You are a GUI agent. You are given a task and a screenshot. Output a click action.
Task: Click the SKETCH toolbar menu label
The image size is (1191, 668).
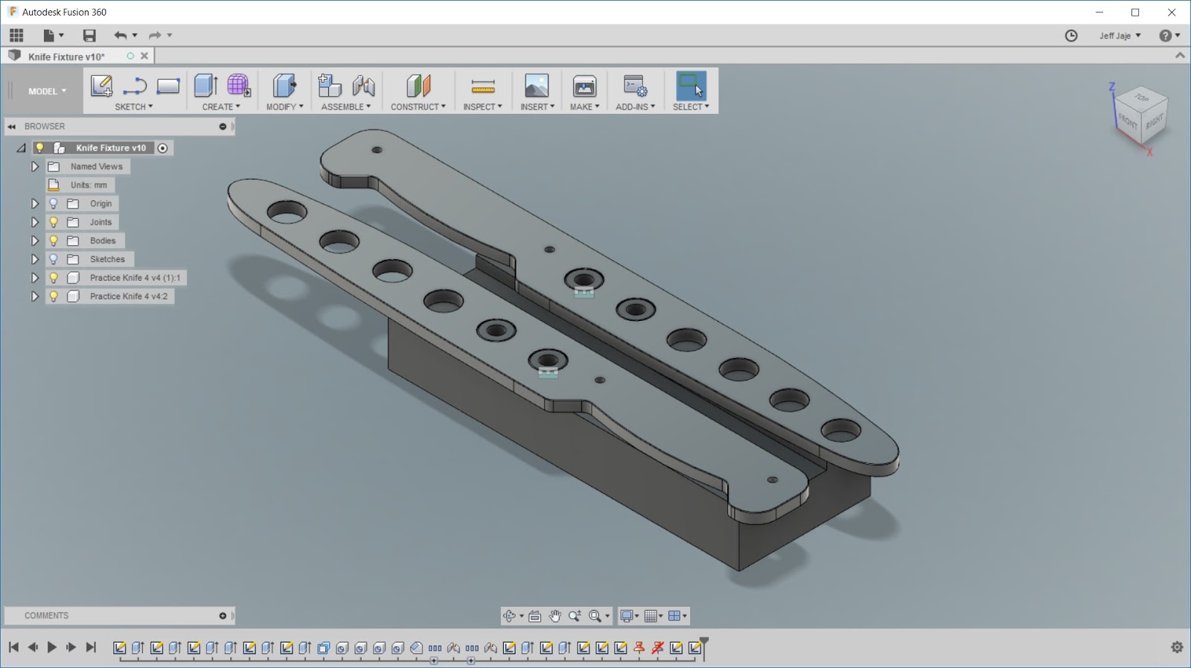[x=133, y=106]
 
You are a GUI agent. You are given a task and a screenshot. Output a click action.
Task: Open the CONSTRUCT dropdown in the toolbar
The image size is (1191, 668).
[x=418, y=106]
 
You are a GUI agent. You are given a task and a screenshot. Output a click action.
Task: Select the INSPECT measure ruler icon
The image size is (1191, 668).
[x=482, y=87]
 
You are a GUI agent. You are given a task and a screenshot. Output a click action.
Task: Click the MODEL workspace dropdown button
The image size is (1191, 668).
[x=47, y=91]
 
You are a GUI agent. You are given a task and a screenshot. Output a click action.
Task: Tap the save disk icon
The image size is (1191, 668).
[x=89, y=35]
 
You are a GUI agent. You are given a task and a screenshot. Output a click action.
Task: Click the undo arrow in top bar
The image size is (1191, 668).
[x=120, y=35]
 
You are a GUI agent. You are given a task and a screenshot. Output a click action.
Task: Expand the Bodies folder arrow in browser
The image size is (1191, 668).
[x=34, y=241]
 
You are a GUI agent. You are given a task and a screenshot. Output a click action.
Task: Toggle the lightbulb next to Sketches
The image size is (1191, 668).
[x=54, y=259]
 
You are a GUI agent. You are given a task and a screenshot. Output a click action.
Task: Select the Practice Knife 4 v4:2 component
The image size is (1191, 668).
[x=128, y=296]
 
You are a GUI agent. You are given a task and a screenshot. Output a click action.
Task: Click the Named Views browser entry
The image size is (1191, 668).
[x=96, y=167]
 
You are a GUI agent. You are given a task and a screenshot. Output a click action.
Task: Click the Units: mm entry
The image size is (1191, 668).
[x=89, y=185]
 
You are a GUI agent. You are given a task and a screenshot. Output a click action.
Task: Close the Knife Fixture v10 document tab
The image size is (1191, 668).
[x=144, y=56]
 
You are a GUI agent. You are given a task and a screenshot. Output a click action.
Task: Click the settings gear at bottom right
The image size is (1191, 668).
[x=1177, y=647]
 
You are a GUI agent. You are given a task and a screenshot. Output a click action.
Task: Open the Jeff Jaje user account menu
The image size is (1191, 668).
[x=1120, y=36]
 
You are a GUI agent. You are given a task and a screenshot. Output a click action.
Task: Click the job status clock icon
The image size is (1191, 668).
[x=1071, y=36]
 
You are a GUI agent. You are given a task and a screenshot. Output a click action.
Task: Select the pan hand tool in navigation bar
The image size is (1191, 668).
[x=555, y=616]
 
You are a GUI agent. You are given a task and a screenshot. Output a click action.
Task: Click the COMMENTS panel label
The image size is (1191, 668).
[x=46, y=616]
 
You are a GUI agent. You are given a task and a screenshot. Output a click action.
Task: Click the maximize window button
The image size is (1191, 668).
[x=1135, y=12]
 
